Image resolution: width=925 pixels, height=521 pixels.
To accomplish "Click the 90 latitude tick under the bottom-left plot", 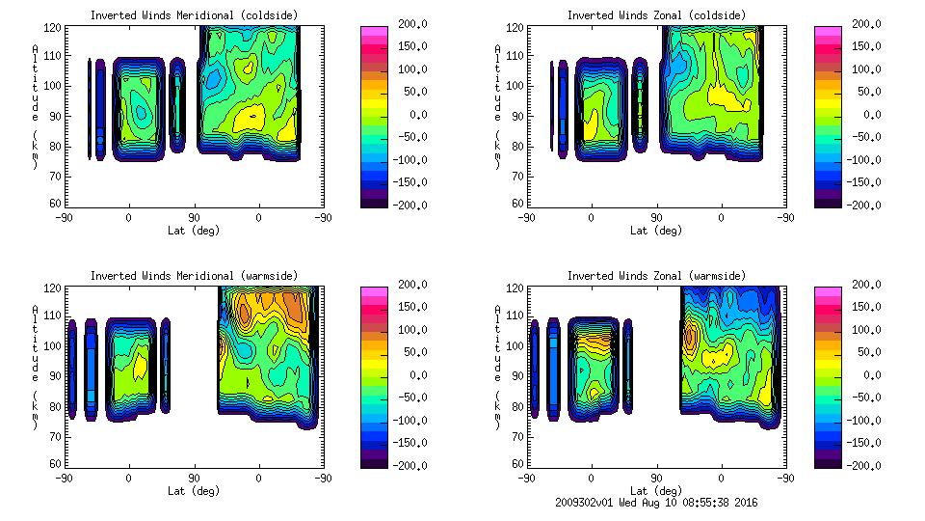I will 194,478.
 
